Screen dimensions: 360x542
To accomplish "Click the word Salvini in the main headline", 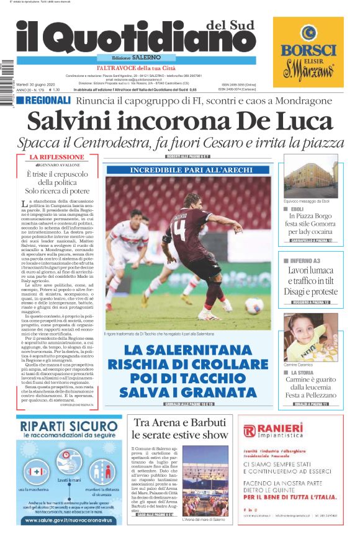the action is point(83,120).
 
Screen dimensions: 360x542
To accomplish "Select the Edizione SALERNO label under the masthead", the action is point(128,57).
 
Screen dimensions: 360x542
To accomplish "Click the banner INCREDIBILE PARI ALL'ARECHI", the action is point(191,169).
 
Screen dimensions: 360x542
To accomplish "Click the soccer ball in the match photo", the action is point(253,306).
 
